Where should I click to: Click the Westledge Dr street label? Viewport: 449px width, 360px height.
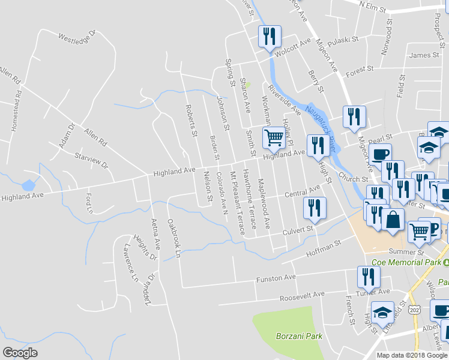click(x=77, y=38)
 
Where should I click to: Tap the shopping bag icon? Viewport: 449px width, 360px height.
click(x=393, y=220)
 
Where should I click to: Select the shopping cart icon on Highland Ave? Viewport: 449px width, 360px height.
click(x=274, y=137)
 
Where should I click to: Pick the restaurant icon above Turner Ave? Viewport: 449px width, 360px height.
click(x=368, y=277)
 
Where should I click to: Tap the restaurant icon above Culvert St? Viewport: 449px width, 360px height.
click(x=315, y=208)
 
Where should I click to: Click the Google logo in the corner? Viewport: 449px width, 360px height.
click(x=20, y=353)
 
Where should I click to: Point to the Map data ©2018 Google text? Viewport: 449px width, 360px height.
click(x=411, y=355)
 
